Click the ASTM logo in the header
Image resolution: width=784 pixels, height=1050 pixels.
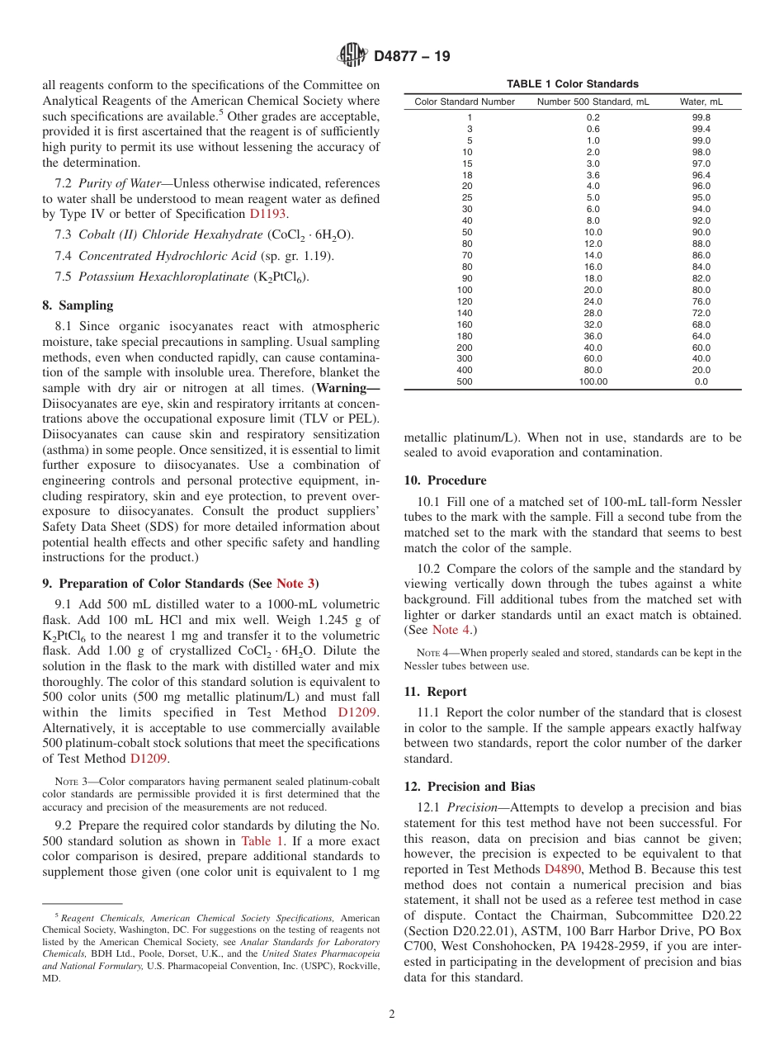[x=352, y=55]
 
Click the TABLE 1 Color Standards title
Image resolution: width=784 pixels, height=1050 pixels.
[x=572, y=84]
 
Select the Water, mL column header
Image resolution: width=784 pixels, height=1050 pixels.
[x=701, y=102]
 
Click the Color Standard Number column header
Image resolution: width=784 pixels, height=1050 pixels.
[x=465, y=102]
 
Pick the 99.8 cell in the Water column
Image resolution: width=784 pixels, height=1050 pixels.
[x=701, y=117]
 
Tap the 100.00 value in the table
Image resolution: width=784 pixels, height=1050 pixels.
[x=593, y=381]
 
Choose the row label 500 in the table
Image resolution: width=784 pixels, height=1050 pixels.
[x=465, y=381]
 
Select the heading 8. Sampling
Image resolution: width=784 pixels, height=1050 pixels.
[x=78, y=305]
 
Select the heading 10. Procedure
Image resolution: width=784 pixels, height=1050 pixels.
[x=445, y=480]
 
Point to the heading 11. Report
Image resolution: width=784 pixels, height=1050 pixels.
[x=435, y=692]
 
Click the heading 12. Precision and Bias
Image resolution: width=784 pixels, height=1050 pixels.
[x=469, y=787]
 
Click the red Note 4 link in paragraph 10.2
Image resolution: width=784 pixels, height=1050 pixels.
[x=452, y=631]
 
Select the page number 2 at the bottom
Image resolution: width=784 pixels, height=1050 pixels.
[x=392, y=1015]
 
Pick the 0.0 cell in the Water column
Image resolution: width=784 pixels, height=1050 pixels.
[x=701, y=381]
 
